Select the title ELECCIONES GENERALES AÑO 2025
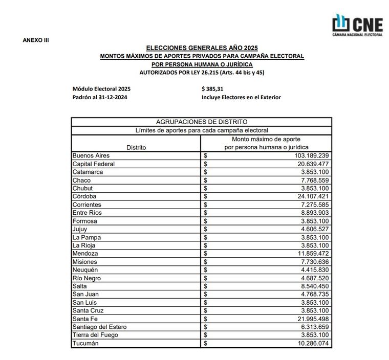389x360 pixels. coord(202,47)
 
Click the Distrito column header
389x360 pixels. coord(136,147)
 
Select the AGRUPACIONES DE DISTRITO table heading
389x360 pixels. coord(202,122)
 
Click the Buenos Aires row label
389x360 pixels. coord(91,155)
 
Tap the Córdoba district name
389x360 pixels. coord(84,196)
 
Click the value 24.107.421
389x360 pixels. coord(308,196)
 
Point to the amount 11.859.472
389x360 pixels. coord(308,253)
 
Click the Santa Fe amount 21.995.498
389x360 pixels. coord(308,319)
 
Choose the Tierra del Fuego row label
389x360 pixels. coord(95,335)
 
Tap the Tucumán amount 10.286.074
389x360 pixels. coord(308,343)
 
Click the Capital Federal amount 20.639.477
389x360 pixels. coord(308,164)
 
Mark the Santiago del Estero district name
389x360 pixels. coord(99,327)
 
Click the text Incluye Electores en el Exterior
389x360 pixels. coord(241,97)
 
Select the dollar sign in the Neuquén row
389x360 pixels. coord(205,269)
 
